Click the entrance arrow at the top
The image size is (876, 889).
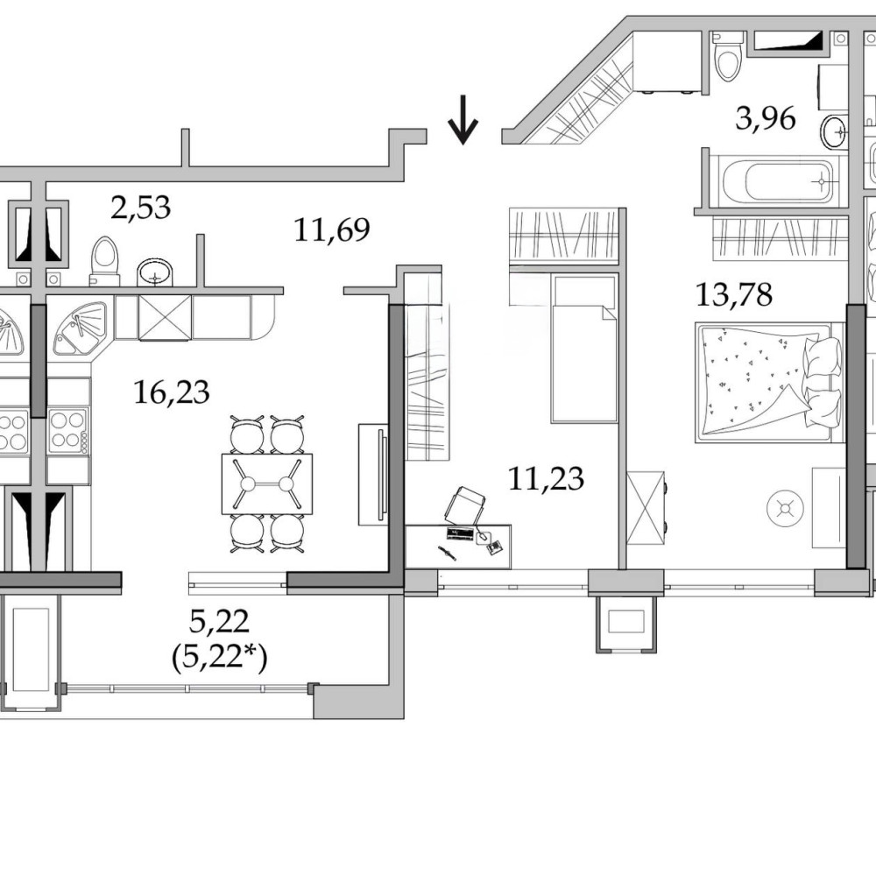tap(463, 120)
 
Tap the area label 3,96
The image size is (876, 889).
tap(766, 119)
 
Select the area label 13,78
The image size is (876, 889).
tap(734, 295)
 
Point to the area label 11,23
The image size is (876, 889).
tap(546, 478)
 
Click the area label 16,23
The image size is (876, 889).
tap(172, 392)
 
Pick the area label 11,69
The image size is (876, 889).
tap(332, 230)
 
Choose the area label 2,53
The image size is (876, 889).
tap(141, 208)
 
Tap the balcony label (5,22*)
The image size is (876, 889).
tap(219, 659)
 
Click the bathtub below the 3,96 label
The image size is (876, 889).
tap(781, 181)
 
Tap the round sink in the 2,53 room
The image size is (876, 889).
tap(155, 272)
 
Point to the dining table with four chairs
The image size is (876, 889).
tap(267, 483)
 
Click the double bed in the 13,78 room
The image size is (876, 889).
tap(769, 382)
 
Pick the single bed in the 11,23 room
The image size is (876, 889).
tap(584, 349)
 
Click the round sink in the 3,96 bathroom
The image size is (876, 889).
tap(834, 132)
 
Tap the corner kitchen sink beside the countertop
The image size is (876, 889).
tap(80, 328)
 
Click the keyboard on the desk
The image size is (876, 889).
tap(461, 533)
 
